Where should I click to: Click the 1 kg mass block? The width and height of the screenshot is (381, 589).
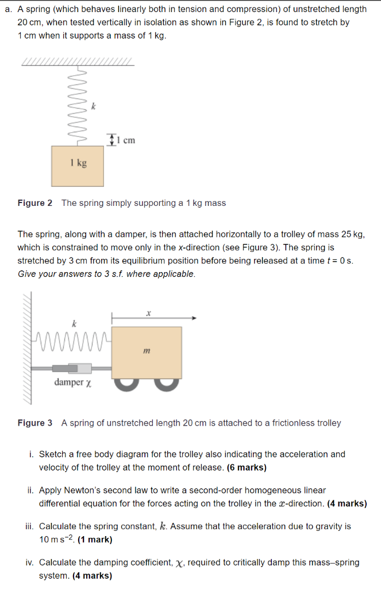click(78, 165)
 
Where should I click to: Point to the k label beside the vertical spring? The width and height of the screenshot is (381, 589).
click(94, 106)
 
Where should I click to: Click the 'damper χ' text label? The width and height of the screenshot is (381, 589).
click(72, 383)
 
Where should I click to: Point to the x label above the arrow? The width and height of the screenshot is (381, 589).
click(148, 312)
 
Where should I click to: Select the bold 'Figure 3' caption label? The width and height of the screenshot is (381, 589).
click(35, 423)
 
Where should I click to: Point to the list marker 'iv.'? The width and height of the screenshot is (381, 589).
click(30, 563)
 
